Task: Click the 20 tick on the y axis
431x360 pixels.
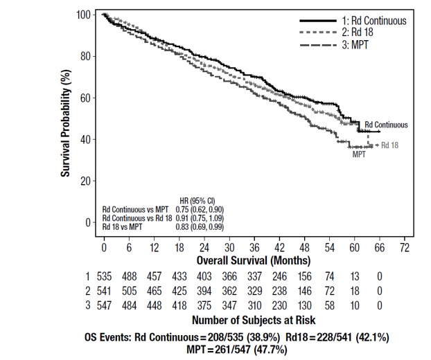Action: [x=88, y=181]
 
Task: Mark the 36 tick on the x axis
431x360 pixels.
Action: [x=253, y=247]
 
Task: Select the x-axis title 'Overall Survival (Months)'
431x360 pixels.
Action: [x=253, y=260]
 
